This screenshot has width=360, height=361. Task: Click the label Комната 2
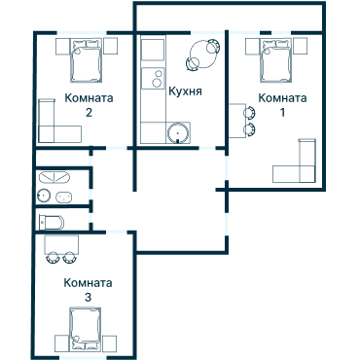pos(89,104)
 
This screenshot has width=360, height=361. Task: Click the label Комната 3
pos(88,289)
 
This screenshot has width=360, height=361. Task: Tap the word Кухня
pos(185,90)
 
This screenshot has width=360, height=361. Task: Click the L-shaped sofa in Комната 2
pos(54,121)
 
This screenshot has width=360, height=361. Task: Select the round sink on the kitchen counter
pos(177,134)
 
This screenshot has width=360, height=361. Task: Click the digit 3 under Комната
pos(88,296)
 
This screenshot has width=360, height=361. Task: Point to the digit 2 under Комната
pos(89,112)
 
